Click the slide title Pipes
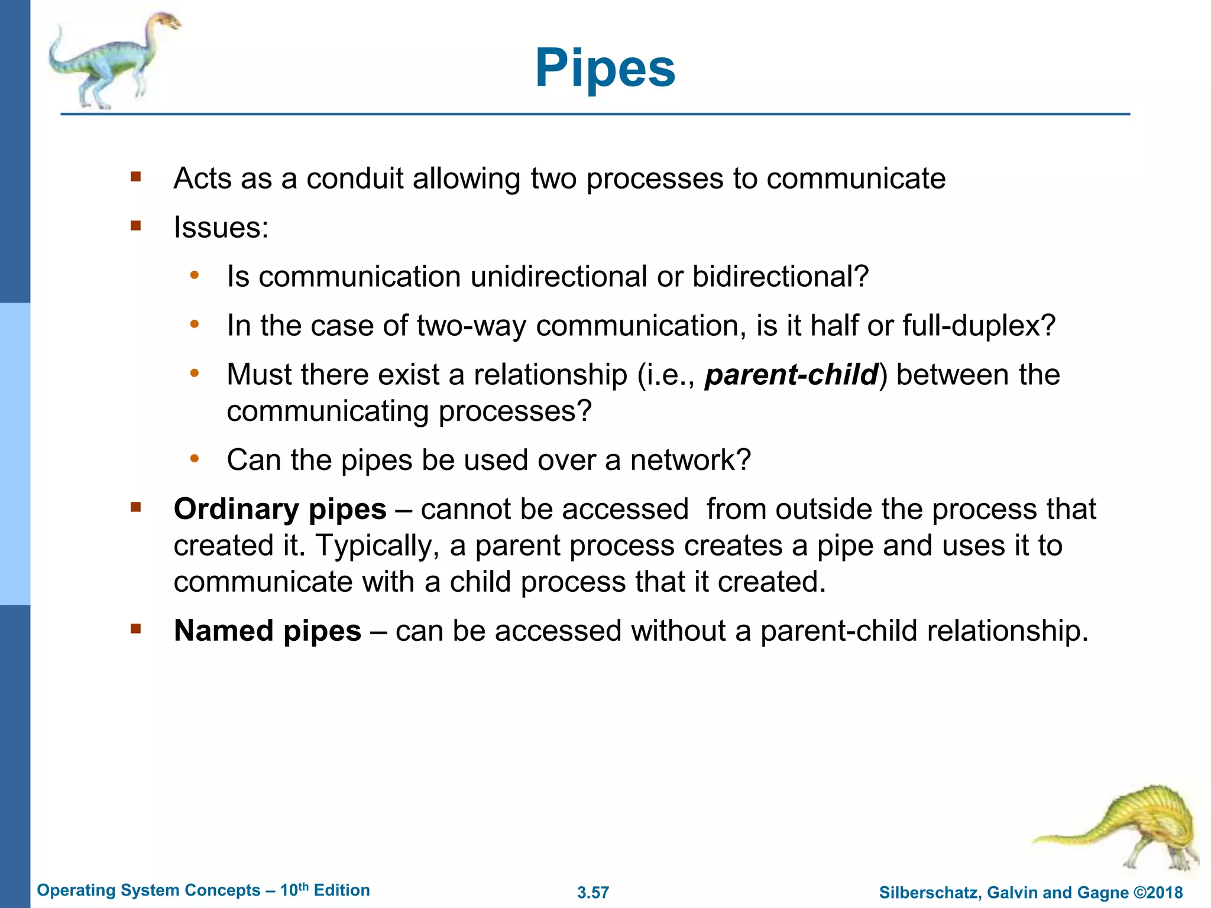[x=605, y=69]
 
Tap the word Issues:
[x=221, y=228]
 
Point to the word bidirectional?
[x=780, y=277]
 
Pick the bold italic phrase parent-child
[x=791, y=375]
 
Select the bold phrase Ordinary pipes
[x=280, y=509]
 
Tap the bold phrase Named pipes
[x=267, y=631]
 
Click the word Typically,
[x=378, y=546]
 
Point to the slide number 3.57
[x=593, y=893]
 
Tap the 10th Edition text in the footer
[x=325, y=890]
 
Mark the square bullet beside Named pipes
[x=136, y=628]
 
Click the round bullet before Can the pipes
[x=195, y=459]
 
